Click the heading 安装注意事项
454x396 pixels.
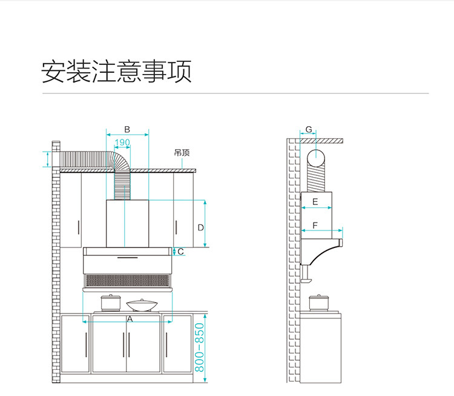[x=116, y=72]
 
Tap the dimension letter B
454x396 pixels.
[x=127, y=129]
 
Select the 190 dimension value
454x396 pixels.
[x=122, y=143]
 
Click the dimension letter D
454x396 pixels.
[x=200, y=227]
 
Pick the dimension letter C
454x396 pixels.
[x=180, y=251]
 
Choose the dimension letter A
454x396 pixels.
[x=129, y=318]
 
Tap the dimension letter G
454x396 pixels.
[x=308, y=130]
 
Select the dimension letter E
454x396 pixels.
[x=315, y=201]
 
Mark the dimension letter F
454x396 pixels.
[x=315, y=225]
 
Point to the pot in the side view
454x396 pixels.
[x=316, y=302]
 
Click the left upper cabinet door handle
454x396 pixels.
[x=79, y=228]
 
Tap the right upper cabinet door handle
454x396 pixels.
[x=177, y=228]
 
